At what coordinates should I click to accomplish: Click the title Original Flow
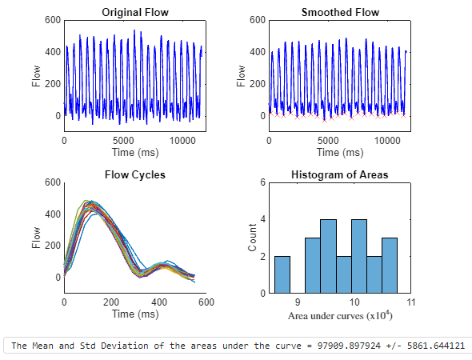(135, 12)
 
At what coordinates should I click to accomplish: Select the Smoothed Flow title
(340, 12)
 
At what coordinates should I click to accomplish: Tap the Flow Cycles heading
(135, 175)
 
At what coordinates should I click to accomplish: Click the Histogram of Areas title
(340, 175)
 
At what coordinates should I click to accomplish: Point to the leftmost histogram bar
(282, 274)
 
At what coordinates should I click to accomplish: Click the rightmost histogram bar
(389, 265)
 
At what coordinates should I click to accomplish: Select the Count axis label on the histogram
(253, 238)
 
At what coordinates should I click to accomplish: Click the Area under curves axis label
(340, 316)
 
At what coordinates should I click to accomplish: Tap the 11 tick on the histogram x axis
(411, 303)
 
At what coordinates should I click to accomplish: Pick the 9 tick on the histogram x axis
(298, 303)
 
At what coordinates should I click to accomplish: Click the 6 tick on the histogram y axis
(262, 182)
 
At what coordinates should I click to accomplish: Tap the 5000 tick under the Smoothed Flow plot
(329, 140)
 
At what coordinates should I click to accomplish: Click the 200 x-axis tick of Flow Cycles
(112, 303)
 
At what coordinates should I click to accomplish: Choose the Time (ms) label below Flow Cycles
(135, 314)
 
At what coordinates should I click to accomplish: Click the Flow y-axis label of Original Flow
(36, 74)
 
